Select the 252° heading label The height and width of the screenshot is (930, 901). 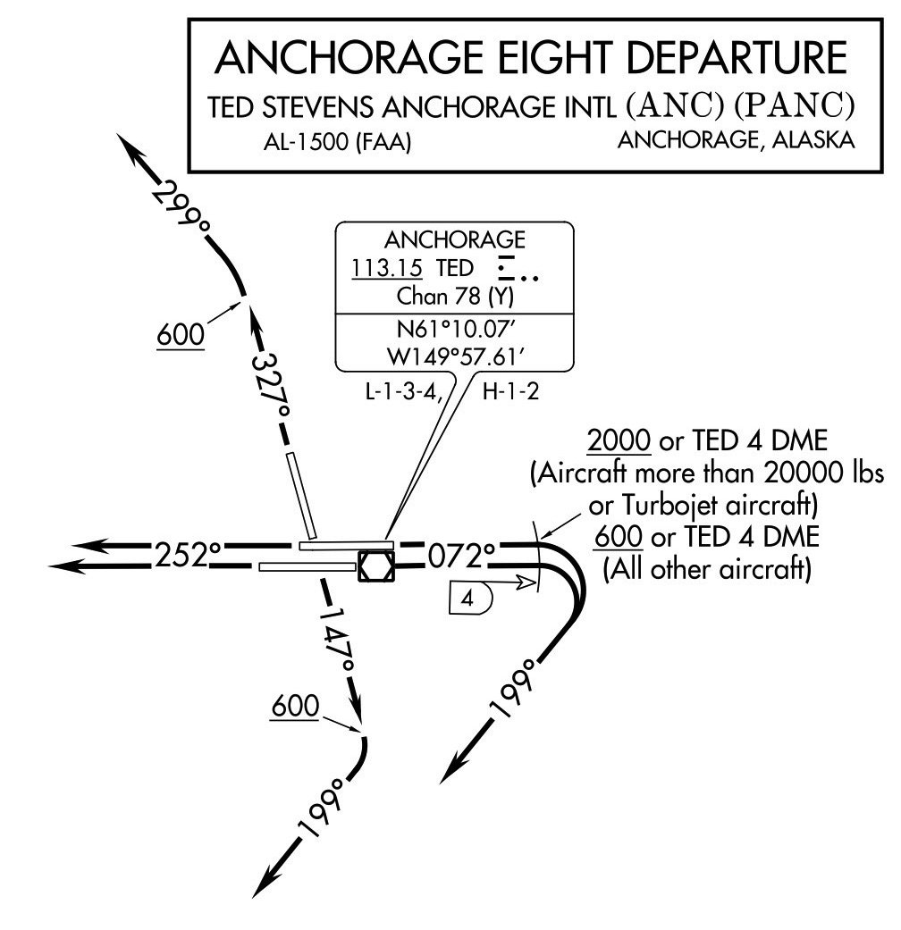[x=189, y=556]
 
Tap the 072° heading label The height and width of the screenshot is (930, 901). [x=461, y=556]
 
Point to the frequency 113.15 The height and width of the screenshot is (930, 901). [x=387, y=267]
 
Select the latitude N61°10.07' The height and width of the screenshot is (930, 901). [x=454, y=328]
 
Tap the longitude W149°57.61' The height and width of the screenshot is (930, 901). [x=454, y=356]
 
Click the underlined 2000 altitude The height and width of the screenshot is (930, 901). [x=618, y=442]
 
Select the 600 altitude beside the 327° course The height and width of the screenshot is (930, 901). [x=180, y=335]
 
